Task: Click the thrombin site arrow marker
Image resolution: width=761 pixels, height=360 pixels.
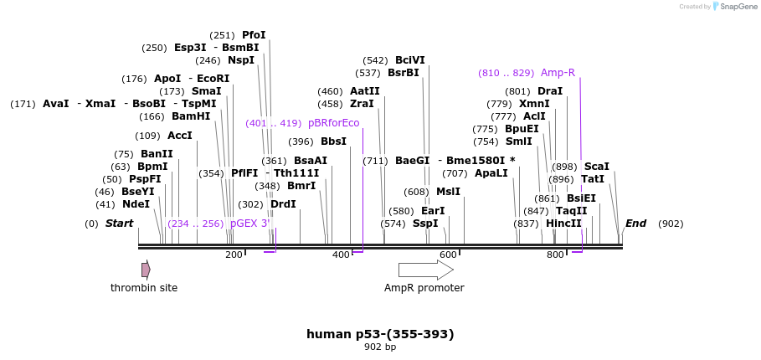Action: [x=146, y=270]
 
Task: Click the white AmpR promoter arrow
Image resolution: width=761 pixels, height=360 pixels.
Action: [x=425, y=270]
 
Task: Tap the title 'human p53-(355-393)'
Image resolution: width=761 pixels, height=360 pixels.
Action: [x=380, y=334]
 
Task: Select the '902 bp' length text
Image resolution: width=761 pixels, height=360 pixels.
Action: [x=380, y=347]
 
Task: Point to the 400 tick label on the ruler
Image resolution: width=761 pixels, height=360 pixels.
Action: [x=341, y=255]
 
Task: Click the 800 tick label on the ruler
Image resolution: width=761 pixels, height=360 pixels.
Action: [x=555, y=255]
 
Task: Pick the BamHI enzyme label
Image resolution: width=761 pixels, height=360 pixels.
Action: [x=191, y=116]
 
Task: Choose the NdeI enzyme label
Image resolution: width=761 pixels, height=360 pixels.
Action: [x=136, y=203]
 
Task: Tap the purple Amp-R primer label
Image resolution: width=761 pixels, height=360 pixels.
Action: [x=558, y=73]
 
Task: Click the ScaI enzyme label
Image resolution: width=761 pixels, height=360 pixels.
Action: [x=596, y=167]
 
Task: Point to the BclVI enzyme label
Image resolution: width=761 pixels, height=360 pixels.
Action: [x=409, y=60]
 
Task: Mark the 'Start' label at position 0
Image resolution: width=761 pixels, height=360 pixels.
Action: [x=119, y=224]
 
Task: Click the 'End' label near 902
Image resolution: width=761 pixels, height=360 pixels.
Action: [x=635, y=224]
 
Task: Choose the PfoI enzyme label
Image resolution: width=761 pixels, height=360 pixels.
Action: [x=254, y=35]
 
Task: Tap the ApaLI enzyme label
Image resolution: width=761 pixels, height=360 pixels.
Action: [x=491, y=173]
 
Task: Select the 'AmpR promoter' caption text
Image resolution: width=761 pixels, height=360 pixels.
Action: [x=424, y=288]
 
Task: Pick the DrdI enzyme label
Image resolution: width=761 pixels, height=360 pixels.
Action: [x=283, y=204]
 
